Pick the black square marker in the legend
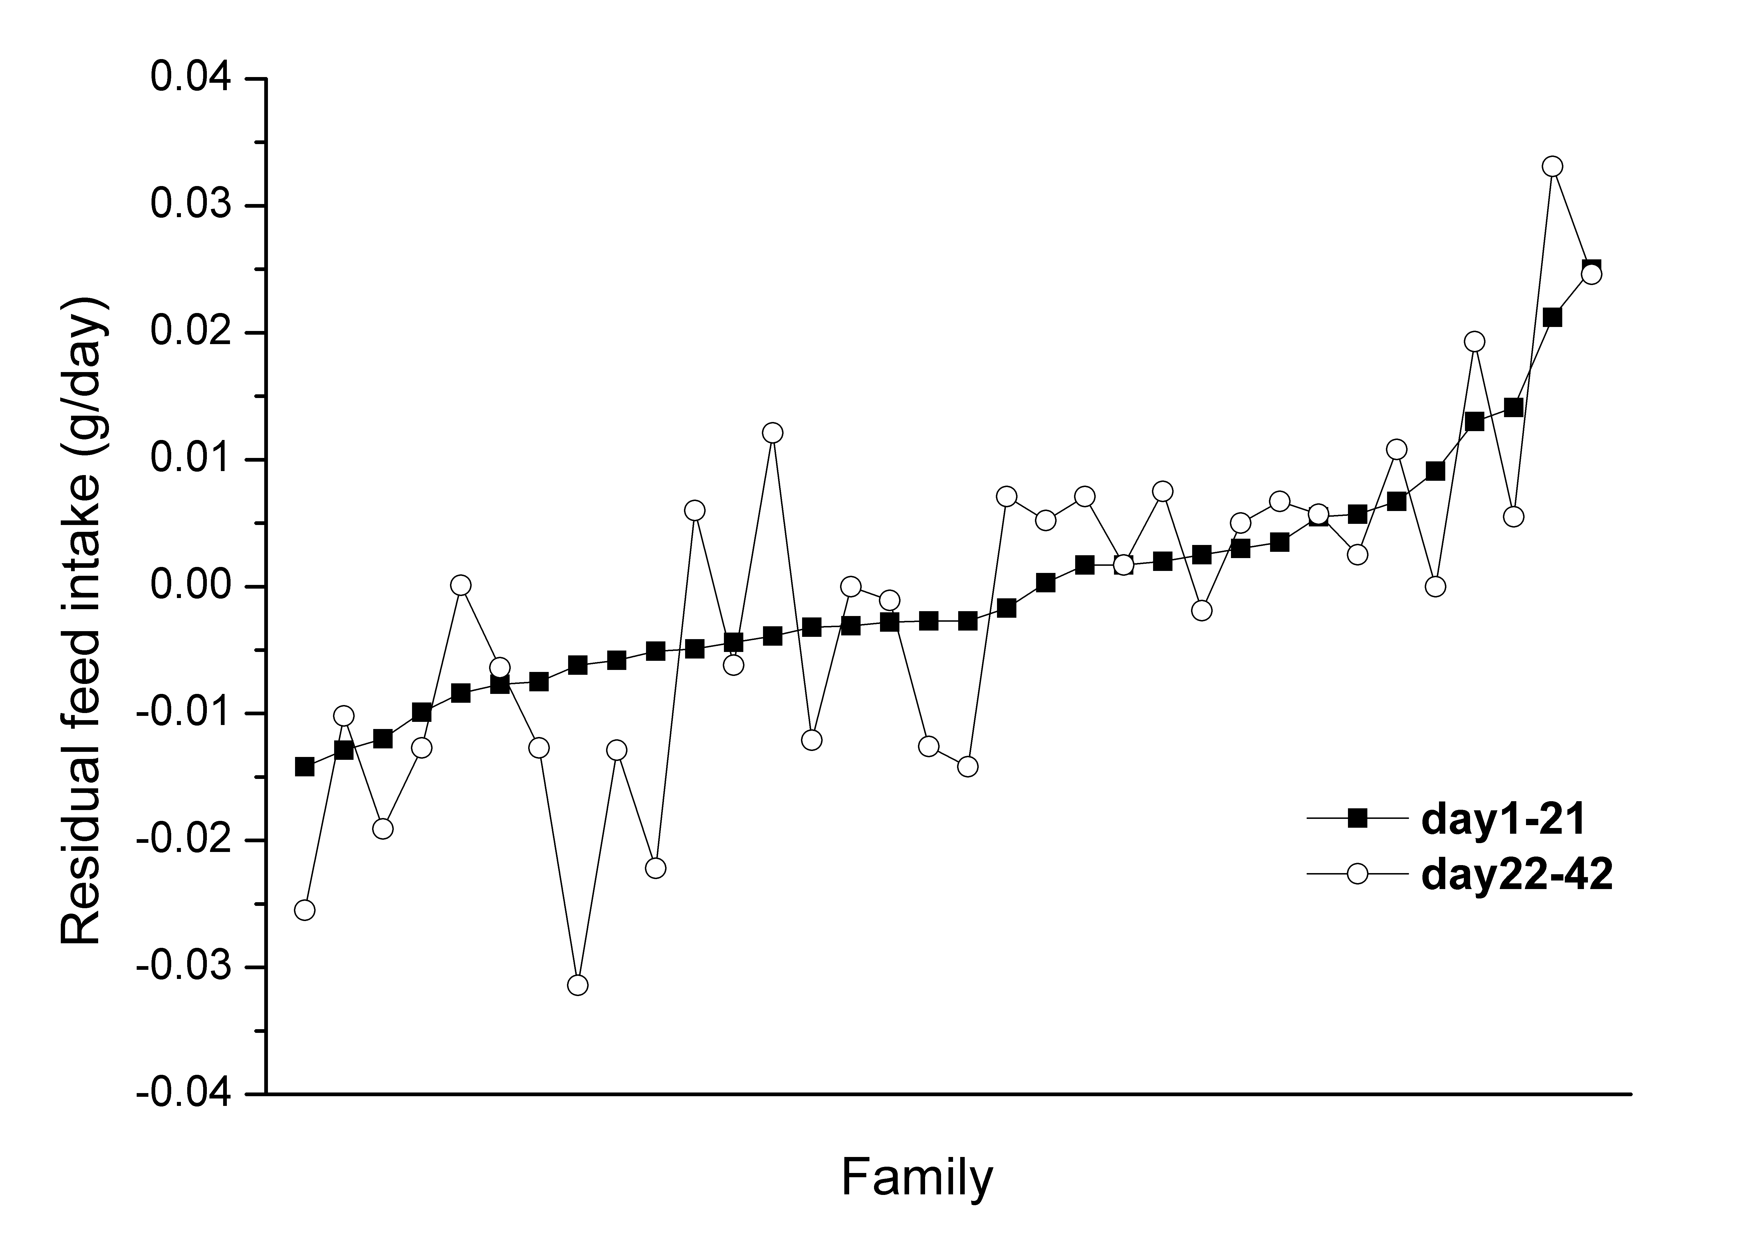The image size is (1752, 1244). coord(1357,819)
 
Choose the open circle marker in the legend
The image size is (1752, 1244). coord(1357,874)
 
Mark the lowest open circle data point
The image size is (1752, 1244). coord(578,985)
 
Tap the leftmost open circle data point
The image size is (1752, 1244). coord(305,910)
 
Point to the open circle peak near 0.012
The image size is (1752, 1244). coord(773,433)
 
